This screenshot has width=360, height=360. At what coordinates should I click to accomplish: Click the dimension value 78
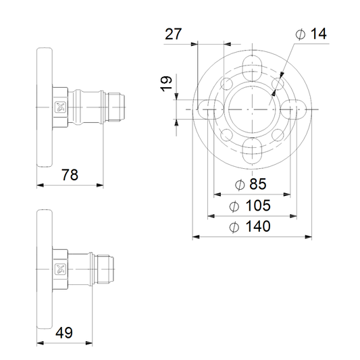pos(70,175)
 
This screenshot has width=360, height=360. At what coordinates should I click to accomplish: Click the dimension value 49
pos(64,332)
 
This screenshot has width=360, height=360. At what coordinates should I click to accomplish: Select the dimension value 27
pos(174,34)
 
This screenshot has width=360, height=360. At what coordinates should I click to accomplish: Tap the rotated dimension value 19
pos(166,84)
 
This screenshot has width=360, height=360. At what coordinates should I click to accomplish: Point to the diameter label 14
pos(311,34)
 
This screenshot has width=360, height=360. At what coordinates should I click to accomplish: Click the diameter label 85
pos(251,184)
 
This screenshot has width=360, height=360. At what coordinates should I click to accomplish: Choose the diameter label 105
pos(250,205)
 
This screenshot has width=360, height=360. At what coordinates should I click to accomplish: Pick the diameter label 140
pos(250,226)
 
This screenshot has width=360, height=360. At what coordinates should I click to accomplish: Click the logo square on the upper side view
pos(60,107)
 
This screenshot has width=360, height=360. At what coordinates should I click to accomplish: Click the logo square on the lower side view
pos(60,269)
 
